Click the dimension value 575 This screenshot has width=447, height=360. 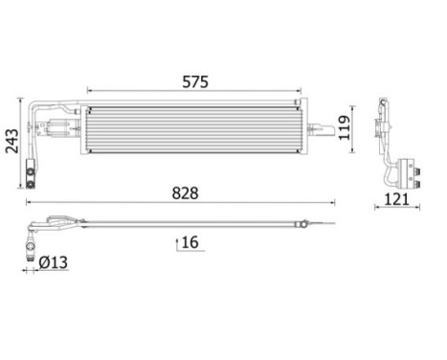196,82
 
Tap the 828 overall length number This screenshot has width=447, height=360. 185,192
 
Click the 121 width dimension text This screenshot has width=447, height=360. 397,199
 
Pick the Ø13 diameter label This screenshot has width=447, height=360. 55,261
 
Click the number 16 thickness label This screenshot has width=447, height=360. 190,243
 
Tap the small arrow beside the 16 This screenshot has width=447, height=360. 176,243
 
